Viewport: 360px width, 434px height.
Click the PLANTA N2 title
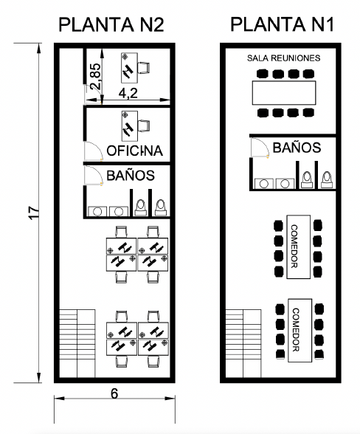tap(111, 24)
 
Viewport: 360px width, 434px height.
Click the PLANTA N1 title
tap(282, 24)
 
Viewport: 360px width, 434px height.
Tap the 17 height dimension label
tap(35, 213)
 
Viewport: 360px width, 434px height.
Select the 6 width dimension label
tap(114, 393)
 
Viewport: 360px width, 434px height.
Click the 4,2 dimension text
tap(128, 93)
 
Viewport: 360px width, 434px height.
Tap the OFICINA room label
tap(135, 151)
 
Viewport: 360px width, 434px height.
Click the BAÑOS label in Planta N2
tap(131, 175)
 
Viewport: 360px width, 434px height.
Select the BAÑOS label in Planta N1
tap(297, 148)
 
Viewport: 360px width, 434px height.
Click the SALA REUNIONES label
tap(283, 58)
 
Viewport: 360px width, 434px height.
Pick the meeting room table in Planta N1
tap(284, 93)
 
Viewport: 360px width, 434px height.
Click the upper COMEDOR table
tap(298, 247)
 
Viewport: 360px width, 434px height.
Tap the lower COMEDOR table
tap(300, 330)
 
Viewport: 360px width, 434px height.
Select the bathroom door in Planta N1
tap(260, 148)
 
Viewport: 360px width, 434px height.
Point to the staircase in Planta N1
tap(243, 343)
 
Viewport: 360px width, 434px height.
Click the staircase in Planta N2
tap(77, 343)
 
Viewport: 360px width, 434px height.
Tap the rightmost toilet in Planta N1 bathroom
tap(327, 180)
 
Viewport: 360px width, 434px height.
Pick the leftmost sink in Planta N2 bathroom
tap(97, 211)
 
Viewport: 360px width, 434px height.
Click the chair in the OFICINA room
tap(144, 126)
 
